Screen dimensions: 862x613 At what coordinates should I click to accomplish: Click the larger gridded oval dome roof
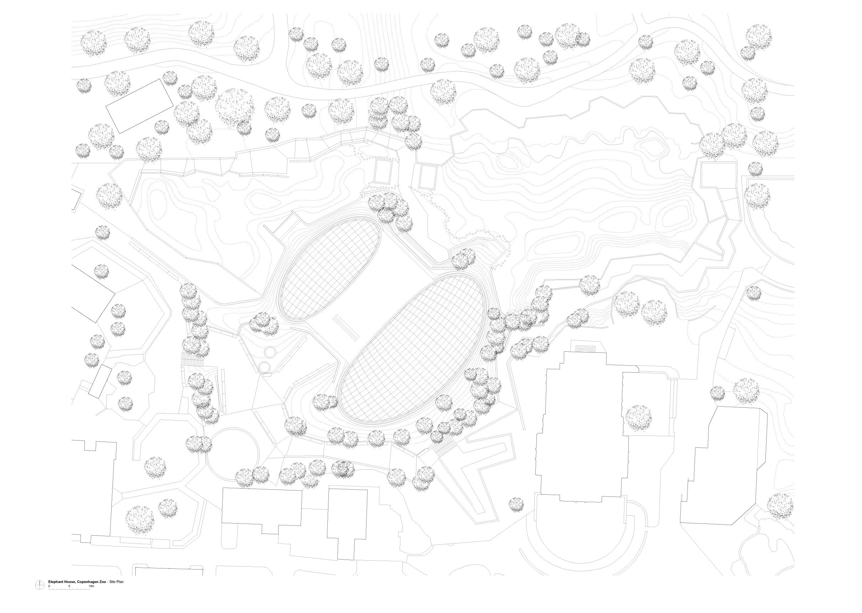click(x=411, y=349)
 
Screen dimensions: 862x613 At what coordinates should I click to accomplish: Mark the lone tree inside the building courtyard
click(x=638, y=418)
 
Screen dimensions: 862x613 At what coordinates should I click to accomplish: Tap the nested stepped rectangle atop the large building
click(x=585, y=346)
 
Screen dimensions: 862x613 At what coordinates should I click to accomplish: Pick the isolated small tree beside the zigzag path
click(x=516, y=505)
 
